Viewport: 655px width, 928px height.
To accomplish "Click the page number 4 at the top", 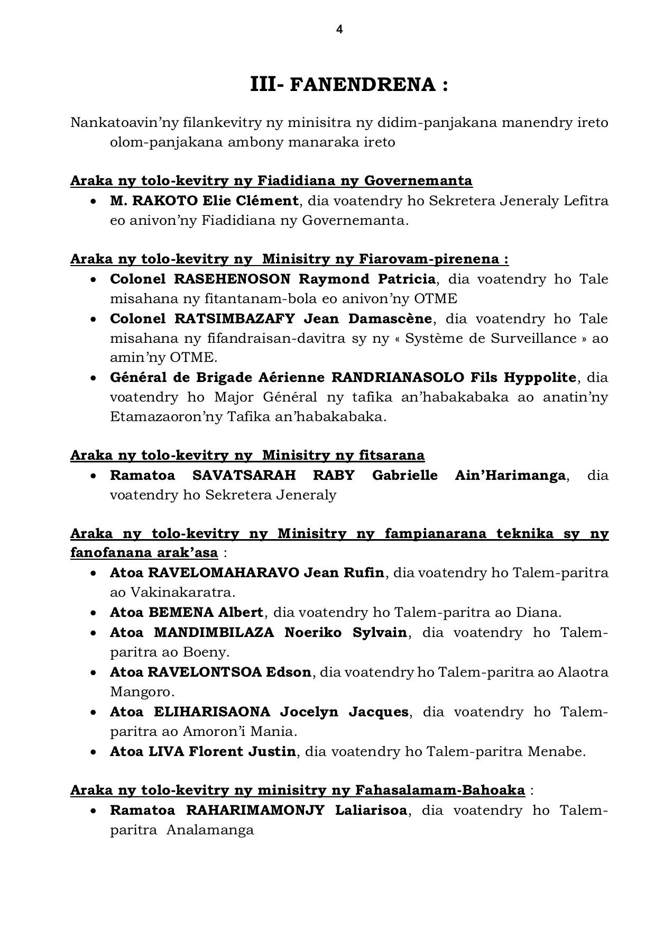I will pos(339,30).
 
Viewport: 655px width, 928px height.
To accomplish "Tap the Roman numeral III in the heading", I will pos(263,84).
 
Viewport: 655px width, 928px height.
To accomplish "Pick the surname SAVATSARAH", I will pos(244,475).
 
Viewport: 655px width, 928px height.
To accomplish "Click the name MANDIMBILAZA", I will pos(214,632).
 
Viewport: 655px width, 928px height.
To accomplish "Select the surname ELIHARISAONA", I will pos(212,712).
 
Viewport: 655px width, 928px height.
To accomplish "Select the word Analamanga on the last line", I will pos(210,830).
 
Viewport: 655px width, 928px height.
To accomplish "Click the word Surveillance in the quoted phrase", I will pos(530,338).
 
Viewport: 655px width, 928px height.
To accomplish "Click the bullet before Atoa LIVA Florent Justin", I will pos(94,752).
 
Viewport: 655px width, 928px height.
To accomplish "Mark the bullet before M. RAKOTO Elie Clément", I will pos(94,202).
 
